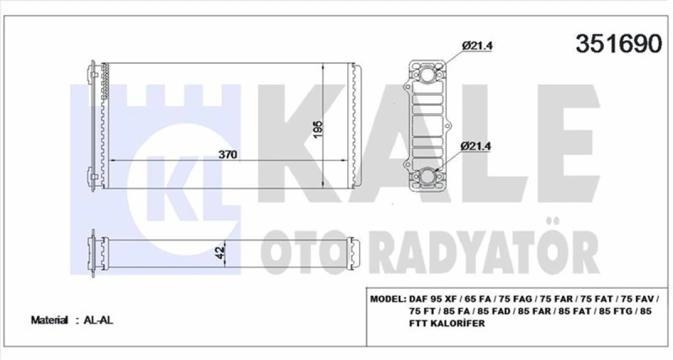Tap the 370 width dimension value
[x=228, y=156]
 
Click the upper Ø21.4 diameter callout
[x=476, y=46]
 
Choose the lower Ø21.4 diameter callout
[x=476, y=146]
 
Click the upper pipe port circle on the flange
[x=429, y=75]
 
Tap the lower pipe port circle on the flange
[x=429, y=177]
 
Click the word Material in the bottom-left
[x=50, y=320]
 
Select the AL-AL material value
[x=98, y=320]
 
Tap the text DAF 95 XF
[x=430, y=299]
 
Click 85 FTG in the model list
[x=615, y=312]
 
